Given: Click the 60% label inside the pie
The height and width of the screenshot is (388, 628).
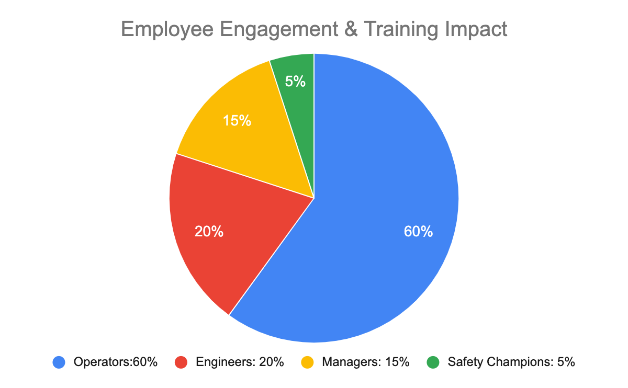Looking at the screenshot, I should tap(418, 232).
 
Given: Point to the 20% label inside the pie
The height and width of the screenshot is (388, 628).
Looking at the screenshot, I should tap(209, 232).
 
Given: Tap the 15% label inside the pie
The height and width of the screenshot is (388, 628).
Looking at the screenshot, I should tap(237, 121).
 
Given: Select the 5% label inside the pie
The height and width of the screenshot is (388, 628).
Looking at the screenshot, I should tap(295, 82).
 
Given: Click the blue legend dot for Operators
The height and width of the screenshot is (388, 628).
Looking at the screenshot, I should tap(59, 362).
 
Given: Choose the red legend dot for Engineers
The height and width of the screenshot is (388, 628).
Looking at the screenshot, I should tap(181, 362).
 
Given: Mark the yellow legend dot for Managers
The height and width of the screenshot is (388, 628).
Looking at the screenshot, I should tap(308, 362).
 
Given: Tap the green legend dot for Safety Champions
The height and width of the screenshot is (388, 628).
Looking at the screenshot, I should tap(433, 362).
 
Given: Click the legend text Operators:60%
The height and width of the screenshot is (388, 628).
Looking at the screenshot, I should tap(116, 362).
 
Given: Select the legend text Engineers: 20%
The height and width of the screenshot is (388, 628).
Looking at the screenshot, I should tap(240, 362).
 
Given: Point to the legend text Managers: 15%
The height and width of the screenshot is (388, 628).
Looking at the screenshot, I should tap(365, 362).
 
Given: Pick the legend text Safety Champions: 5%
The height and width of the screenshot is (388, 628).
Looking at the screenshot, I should tap(511, 362).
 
